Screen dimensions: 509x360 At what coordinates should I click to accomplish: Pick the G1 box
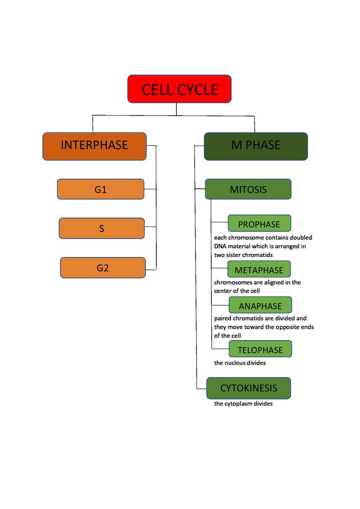101,189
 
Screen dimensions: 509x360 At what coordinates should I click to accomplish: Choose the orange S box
102,229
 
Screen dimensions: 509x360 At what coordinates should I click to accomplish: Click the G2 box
103,268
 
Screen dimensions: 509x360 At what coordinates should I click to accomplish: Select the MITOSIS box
248,189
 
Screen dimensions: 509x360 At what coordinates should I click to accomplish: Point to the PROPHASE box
259,224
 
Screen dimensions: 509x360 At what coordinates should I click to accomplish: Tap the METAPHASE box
259,270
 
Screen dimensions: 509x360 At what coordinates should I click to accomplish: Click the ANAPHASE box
260,306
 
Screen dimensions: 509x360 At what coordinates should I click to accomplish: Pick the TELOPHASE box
260,350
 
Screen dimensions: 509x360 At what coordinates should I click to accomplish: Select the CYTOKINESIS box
248,388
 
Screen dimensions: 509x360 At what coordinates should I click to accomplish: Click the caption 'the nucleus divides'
240,363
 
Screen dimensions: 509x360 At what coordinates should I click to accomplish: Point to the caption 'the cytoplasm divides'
243,404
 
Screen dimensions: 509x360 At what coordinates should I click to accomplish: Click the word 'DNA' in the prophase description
220,246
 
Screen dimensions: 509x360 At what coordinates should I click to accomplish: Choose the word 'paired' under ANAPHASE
223,318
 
